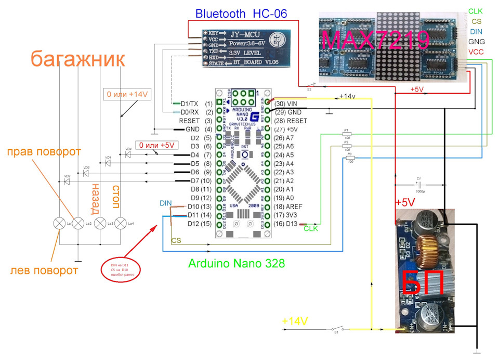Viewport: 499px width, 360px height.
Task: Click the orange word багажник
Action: [77, 58]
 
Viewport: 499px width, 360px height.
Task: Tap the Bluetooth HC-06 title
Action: [241, 14]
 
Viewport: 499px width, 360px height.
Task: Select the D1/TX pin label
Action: [190, 104]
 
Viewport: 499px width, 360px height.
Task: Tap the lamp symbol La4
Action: [120, 223]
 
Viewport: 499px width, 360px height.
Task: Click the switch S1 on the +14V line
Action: [336, 329]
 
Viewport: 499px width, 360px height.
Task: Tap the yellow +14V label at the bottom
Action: [295, 321]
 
